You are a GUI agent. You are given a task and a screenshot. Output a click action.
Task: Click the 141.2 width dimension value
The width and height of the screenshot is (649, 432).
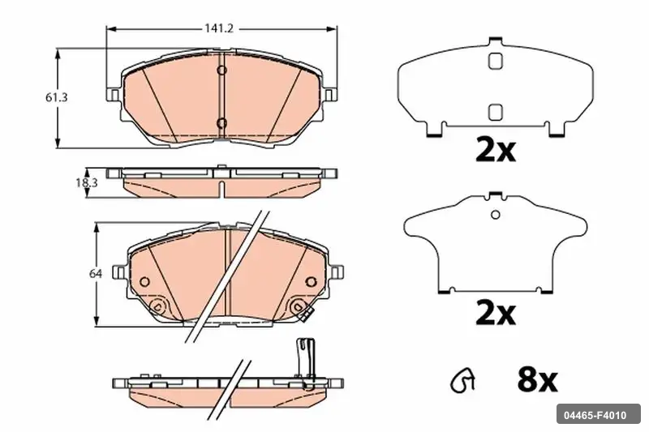[219, 28]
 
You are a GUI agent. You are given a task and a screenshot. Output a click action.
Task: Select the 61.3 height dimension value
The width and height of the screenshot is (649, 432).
[56, 97]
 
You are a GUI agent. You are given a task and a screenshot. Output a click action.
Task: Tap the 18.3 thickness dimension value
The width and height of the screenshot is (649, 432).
[87, 182]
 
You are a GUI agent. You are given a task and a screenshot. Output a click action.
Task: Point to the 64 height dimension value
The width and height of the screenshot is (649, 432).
[96, 273]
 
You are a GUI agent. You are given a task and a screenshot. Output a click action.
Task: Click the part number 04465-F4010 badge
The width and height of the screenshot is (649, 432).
[598, 414]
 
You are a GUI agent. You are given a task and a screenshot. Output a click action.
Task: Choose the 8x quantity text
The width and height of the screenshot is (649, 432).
[537, 380]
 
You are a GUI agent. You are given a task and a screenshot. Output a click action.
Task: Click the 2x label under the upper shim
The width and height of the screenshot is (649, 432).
[496, 151]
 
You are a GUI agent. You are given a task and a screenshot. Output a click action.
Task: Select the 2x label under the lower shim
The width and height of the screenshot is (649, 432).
[496, 314]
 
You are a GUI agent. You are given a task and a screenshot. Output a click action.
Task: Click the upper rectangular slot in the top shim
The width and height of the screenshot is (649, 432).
[496, 61]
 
